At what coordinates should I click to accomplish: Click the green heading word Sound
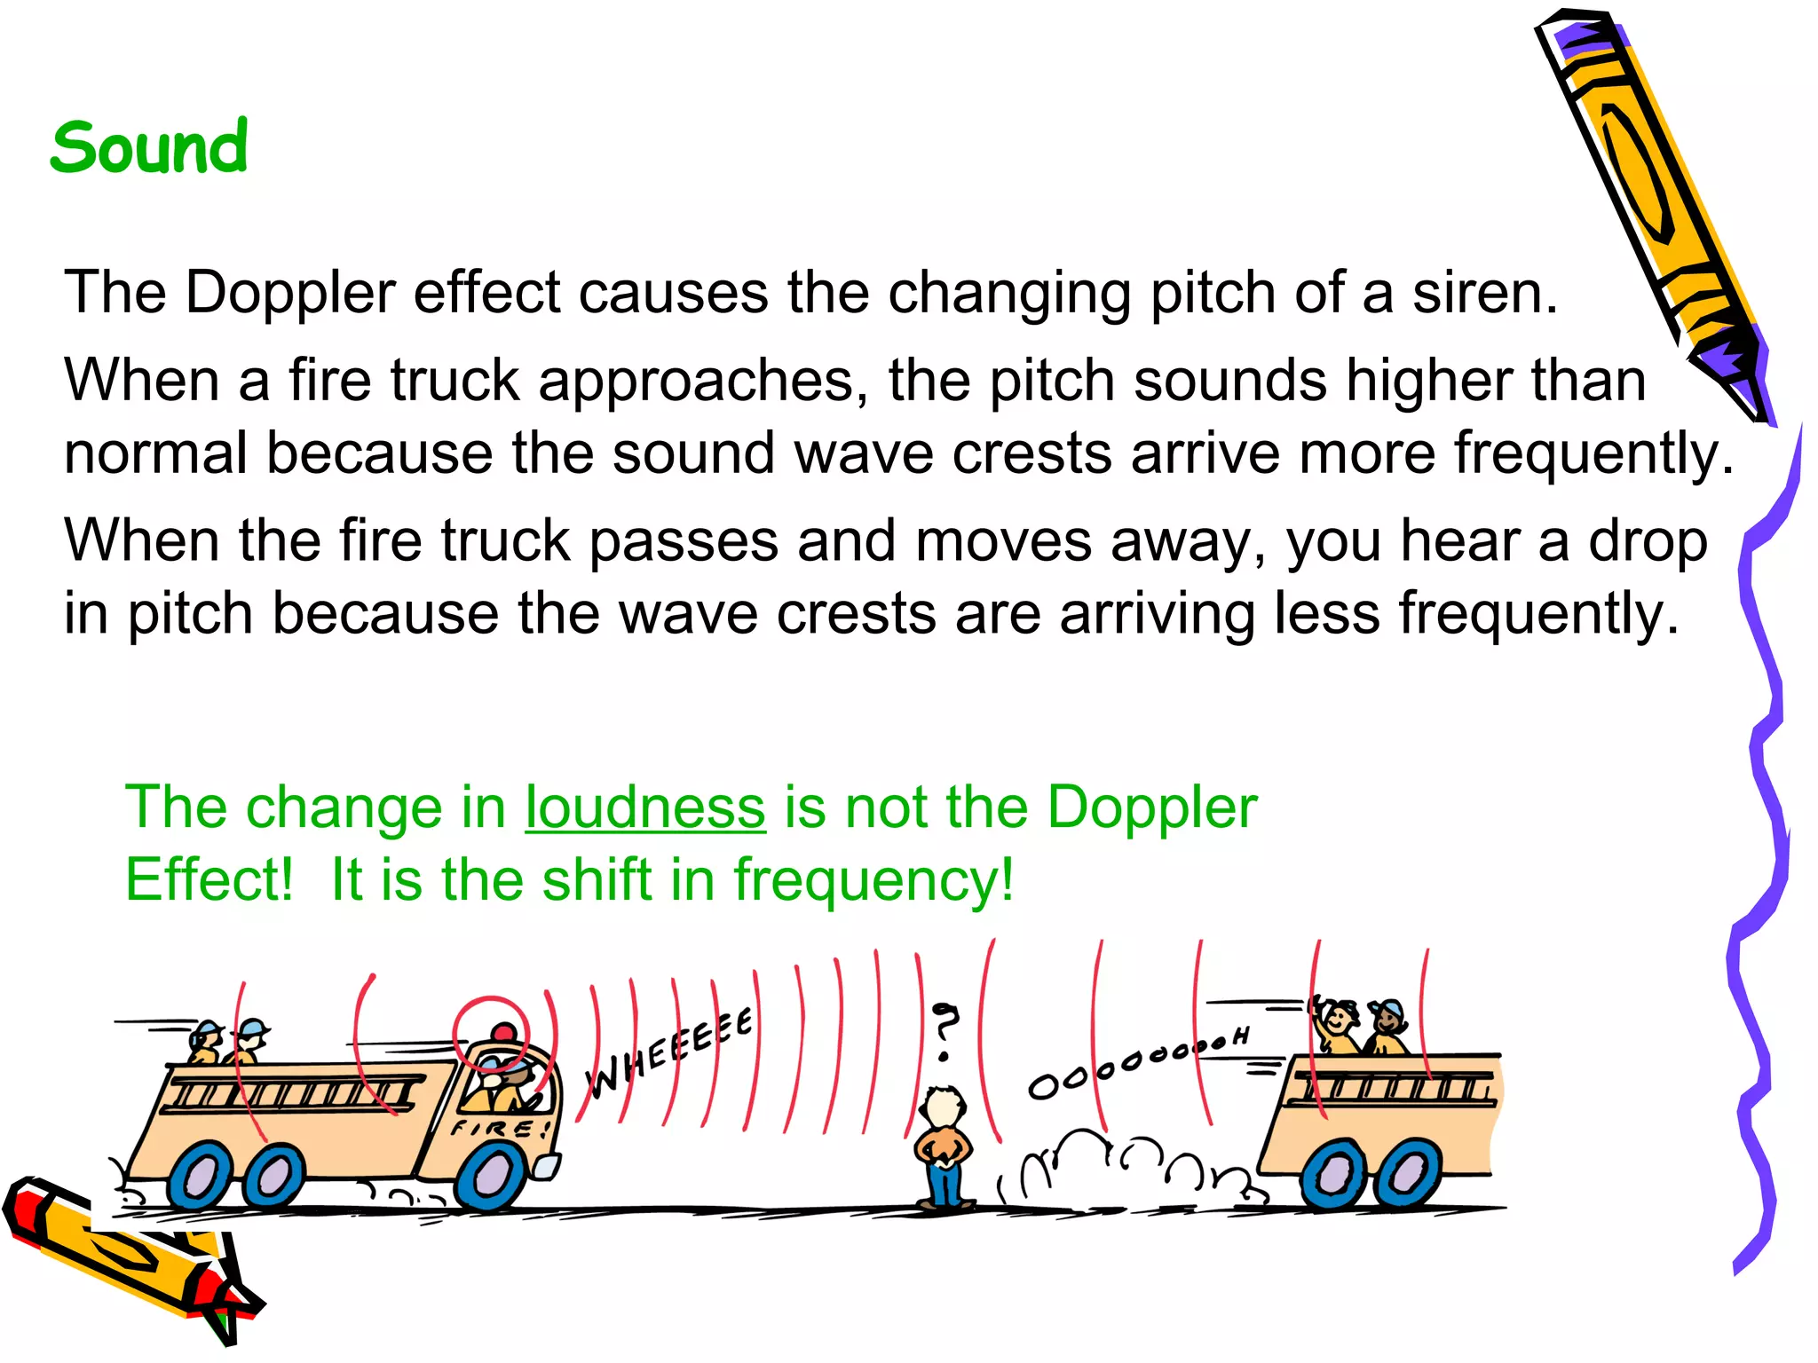[x=148, y=147]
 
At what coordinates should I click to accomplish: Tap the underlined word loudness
[x=644, y=808]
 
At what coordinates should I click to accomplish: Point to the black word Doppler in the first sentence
[x=290, y=293]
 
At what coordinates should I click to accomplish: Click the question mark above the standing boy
[x=945, y=1029]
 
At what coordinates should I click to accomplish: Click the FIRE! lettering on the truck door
[x=500, y=1129]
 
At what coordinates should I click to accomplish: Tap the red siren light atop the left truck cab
[x=503, y=1032]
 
